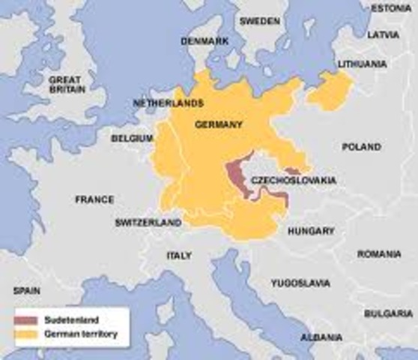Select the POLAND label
coord(362,147)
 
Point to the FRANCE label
coord(94,199)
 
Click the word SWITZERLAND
coord(148,223)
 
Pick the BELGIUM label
coord(132,138)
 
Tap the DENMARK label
coord(206,40)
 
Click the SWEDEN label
coord(259,21)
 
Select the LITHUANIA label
coord(363,64)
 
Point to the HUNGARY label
coord(310,231)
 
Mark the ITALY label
coord(178,256)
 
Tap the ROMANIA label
coord(379,254)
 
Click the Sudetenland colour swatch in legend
coord(24,319)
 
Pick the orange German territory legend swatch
coord(24,332)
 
